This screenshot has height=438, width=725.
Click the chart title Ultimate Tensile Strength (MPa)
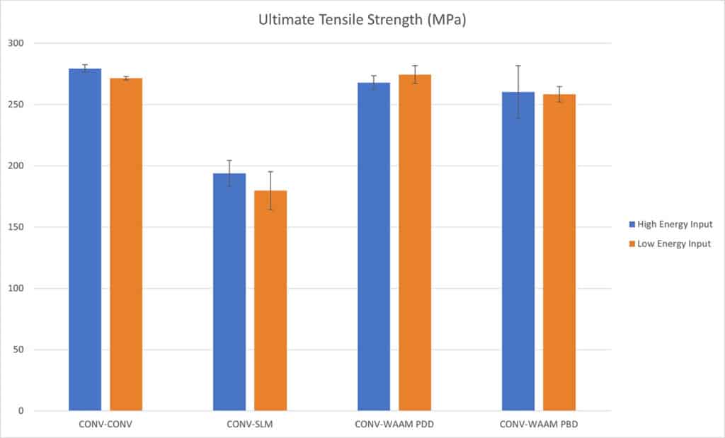[362, 21]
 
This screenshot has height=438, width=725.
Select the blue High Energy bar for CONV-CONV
[85, 241]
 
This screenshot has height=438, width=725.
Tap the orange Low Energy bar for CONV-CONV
[126, 244]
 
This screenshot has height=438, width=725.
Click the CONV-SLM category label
[249, 425]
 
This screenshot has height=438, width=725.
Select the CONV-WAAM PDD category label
[394, 425]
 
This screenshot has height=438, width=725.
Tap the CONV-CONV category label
[105, 425]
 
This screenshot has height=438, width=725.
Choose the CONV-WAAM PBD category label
[538, 425]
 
